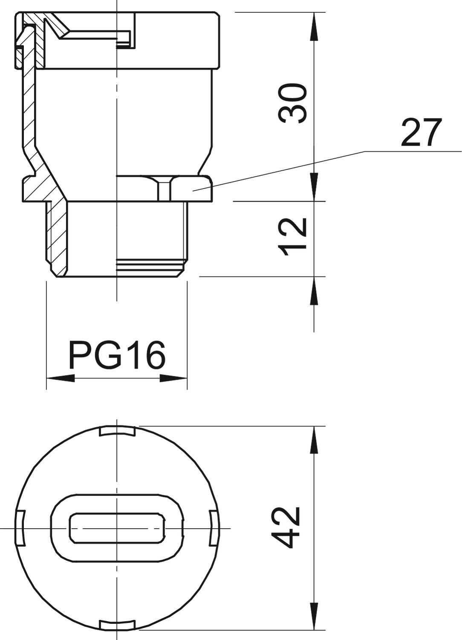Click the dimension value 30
click(x=293, y=103)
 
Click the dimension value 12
click(x=293, y=237)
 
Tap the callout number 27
click(x=421, y=133)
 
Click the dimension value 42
click(x=286, y=527)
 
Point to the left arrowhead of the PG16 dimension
click(x=60, y=378)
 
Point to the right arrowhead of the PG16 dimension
click(x=174, y=378)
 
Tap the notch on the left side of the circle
click(x=20, y=528)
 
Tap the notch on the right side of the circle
click(x=214, y=528)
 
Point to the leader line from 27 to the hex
click(x=277, y=171)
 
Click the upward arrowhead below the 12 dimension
click(x=314, y=291)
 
